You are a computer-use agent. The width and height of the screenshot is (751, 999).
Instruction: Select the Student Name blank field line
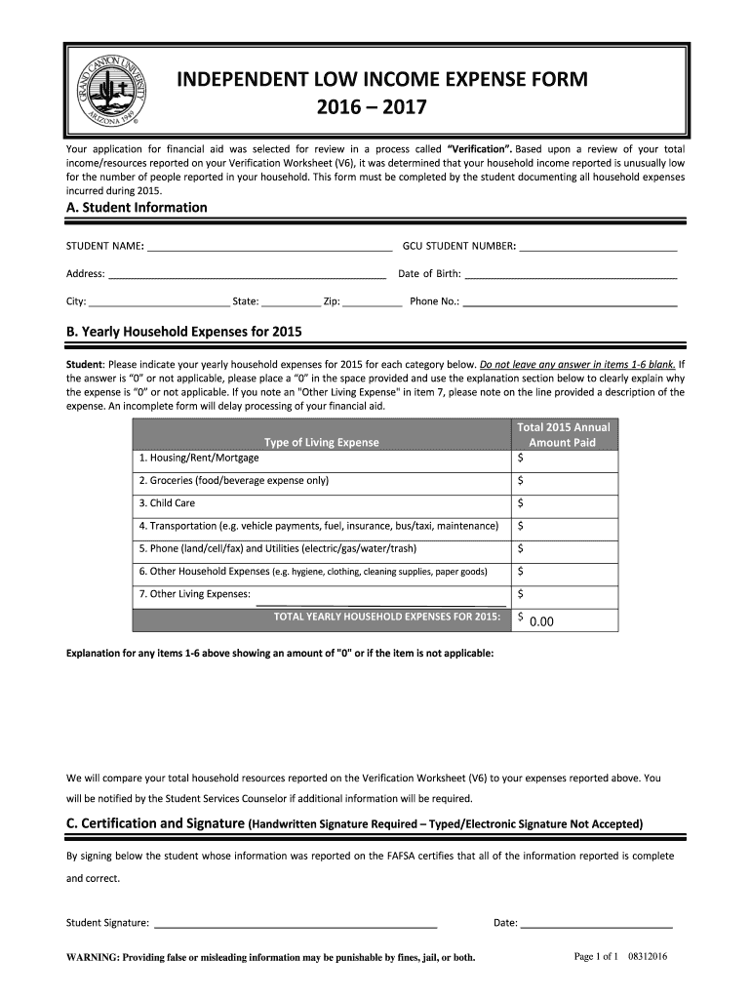click(x=269, y=246)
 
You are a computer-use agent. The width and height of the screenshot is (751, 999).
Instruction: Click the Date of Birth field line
click(x=571, y=274)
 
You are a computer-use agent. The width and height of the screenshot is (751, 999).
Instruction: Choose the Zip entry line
click(x=373, y=302)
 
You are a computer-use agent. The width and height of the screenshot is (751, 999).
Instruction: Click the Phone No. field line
click(x=571, y=302)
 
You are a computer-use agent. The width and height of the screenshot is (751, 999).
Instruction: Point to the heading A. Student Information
click(x=137, y=208)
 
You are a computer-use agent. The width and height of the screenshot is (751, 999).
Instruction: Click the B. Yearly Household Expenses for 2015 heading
click(x=183, y=332)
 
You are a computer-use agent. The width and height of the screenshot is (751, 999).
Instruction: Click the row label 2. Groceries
click(x=234, y=481)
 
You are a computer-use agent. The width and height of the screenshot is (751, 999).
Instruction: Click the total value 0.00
click(x=541, y=619)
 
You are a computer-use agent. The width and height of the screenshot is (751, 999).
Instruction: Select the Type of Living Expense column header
click(x=322, y=442)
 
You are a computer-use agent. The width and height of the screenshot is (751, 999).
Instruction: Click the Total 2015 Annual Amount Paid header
click(x=564, y=435)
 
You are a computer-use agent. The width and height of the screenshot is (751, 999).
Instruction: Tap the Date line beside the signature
click(x=597, y=923)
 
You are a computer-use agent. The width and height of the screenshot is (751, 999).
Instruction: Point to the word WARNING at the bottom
click(x=91, y=957)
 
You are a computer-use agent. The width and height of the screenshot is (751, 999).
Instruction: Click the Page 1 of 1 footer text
click(x=596, y=956)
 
